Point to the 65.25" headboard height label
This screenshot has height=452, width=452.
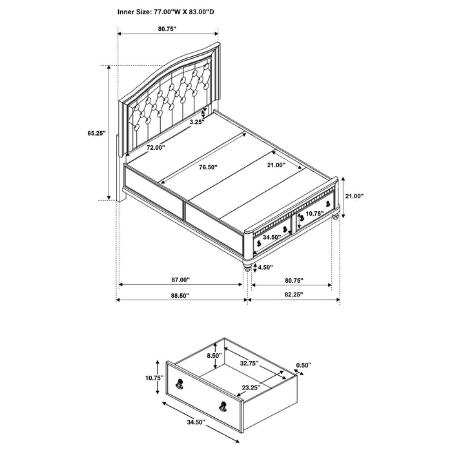click(97, 134)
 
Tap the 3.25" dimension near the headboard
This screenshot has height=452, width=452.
click(197, 121)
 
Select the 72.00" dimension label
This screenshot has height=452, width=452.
click(156, 148)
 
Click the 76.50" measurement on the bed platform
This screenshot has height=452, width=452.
click(207, 167)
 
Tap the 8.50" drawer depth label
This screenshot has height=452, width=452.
click(214, 356)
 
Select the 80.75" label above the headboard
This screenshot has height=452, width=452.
click(167, 29)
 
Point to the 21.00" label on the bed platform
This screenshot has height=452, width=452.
click(274, 165)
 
